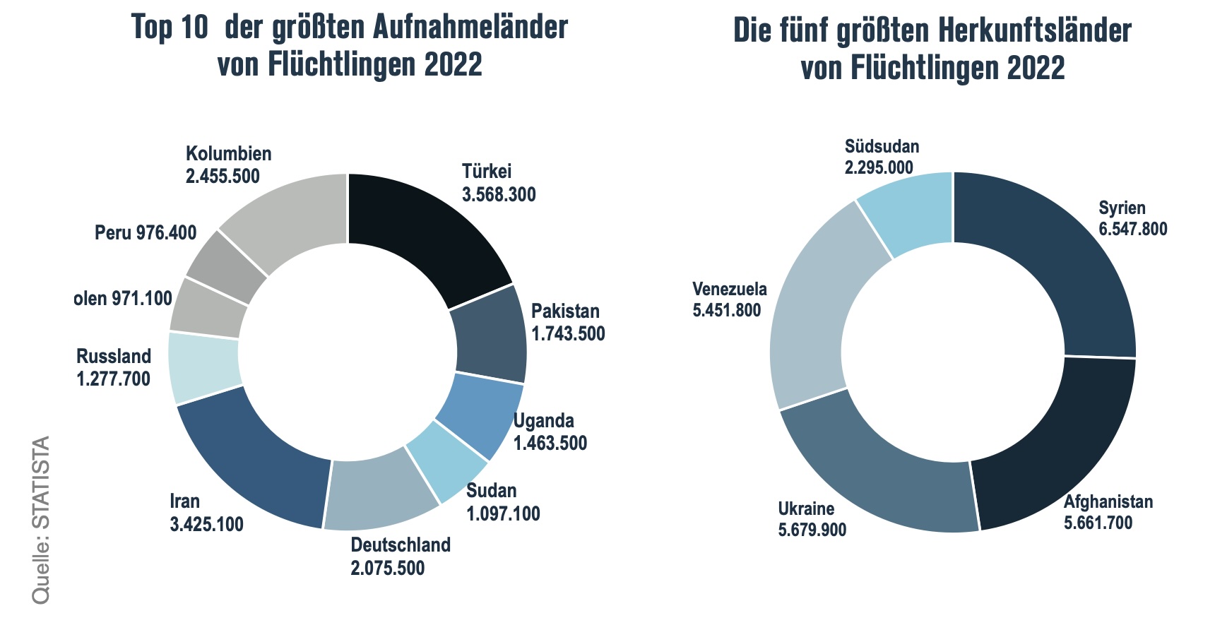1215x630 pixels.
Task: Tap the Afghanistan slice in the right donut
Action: point(1053,445)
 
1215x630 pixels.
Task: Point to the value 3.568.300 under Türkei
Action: point(499,194)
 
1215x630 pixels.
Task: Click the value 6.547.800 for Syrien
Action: point(1133,229)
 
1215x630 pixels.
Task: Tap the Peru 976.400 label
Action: point(146,232)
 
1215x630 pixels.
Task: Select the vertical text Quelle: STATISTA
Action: point(41,520)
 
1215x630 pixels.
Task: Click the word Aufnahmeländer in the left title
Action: point(470,28)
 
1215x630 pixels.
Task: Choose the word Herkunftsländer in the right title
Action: point(1035,31)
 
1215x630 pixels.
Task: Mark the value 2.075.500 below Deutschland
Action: point(388,568)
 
